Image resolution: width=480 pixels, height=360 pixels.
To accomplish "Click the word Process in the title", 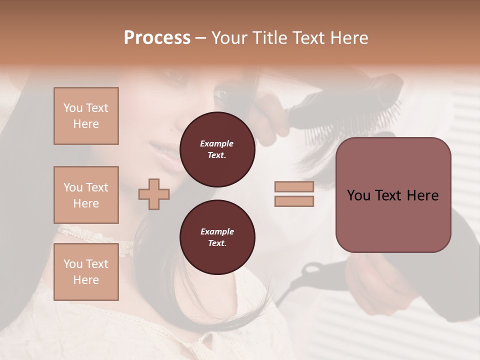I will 157,38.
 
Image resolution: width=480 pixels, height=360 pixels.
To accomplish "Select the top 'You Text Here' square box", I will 86,116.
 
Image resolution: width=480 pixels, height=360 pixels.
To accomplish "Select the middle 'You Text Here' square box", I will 86,195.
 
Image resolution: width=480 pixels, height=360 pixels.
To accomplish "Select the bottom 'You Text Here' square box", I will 86,272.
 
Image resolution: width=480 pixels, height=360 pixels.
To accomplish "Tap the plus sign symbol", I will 154,193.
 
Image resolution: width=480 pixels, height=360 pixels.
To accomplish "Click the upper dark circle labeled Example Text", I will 217,149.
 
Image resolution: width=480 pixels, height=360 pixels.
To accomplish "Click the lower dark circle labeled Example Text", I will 217,237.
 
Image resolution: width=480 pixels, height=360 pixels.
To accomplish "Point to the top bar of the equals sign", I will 294,187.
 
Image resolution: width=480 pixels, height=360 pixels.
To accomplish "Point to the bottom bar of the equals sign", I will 294,201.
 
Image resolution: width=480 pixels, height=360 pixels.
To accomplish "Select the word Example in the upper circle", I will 217,143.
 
